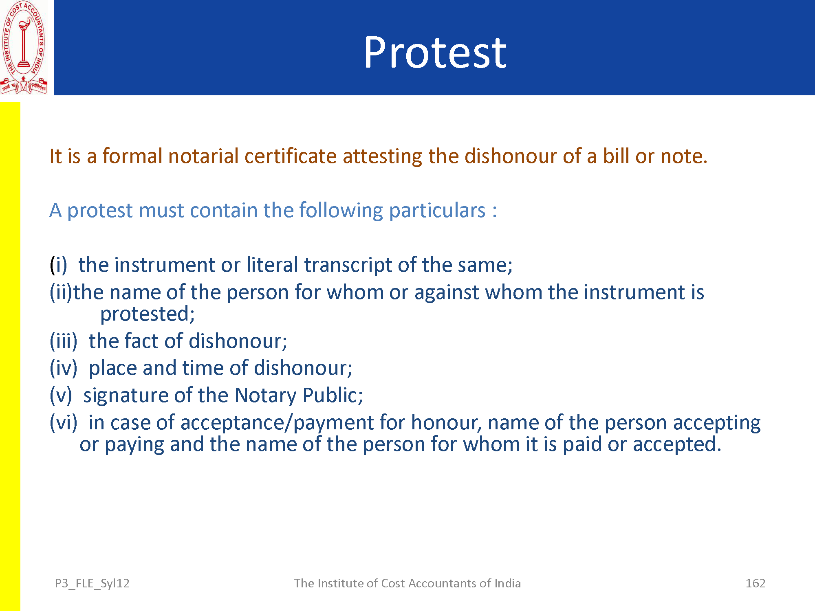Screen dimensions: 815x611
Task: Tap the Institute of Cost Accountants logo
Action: pyautogui.click(x=24, y=48)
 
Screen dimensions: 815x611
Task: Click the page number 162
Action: pyautogui.click(x=756, y=583)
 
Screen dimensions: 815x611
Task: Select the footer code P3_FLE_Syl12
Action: pyautogui.click(x=92, y=584)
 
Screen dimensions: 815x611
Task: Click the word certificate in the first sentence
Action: pyautogui.click(x=291, y=156)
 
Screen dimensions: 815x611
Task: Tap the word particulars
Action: pyautogui.click(x=437, y=211)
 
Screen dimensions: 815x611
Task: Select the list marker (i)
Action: pyautogui.click(x=59, y=265)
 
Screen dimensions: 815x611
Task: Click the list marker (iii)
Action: pyautogui.click(x=64, y=341)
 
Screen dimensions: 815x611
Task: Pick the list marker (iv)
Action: pyautogui.click(x=64, y=368)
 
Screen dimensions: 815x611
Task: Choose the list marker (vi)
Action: pyautogui.click(x=64, y=422)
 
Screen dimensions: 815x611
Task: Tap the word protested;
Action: pyautogui.click(x=148, y=314)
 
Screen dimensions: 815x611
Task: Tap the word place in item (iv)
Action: pyautogui.click(x=113, y=368)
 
